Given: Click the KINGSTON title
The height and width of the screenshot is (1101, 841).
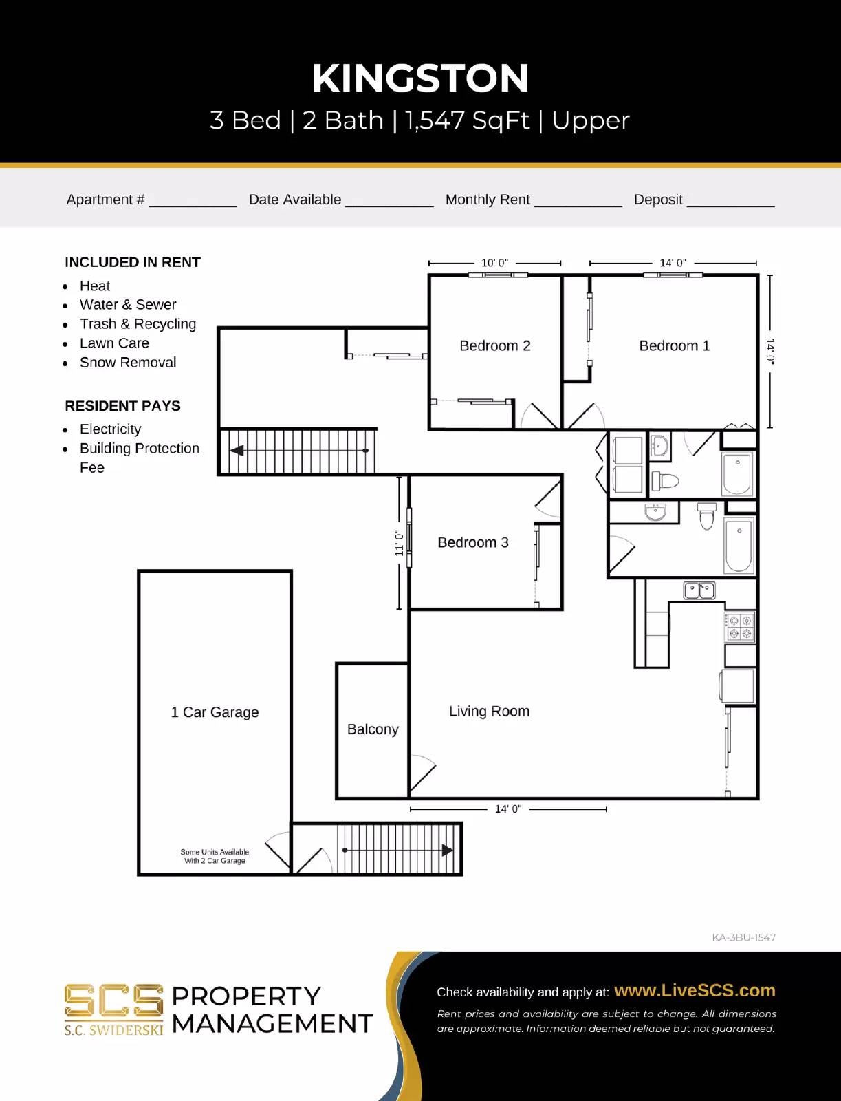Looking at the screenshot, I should pyautogui.click(x=420, y=78).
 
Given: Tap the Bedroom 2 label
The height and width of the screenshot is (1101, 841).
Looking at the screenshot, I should pyautogui.click(x=494, y=345).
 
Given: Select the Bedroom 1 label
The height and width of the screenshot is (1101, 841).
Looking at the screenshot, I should pyautogui.click(x=674, y=345).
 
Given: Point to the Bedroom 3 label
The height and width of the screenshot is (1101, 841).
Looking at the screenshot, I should pyautogui.click(x=473, y=542).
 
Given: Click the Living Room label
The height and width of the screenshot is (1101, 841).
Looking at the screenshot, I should pyautogui.click(x=489, y=711).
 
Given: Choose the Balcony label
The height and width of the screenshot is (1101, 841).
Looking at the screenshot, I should pyautogui.click(x=373, y=729).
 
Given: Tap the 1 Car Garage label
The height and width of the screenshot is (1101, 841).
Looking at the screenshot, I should pyautogui.click(x=215, y=712).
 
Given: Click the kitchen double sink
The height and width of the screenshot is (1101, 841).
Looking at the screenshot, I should pyautogui.click(x=699, y=590).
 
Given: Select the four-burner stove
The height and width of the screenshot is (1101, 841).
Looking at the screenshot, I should pyautogui.click(x=740, y=627).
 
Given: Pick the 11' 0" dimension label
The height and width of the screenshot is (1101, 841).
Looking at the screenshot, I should pyautogui.click(x=399, y=543).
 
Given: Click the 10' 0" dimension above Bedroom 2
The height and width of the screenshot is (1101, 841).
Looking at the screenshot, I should pyautogui.click(x=494, y=263).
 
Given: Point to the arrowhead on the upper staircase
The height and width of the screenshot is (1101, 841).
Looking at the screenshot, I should pyautogui.click(x=237, y=451).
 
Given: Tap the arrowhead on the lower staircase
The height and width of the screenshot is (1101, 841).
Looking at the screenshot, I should pyautogui.click(x=447, y=850).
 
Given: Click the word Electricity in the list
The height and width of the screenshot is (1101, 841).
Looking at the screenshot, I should pyautogui.click(x=110, y=429).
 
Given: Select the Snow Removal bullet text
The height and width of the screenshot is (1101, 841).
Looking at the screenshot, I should pyautogui.click(x=128, y=363).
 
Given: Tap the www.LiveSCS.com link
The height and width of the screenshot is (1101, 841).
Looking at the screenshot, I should pyautogui.click(x=695, y=990).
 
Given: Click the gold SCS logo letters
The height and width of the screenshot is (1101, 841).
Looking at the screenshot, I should pyautogui.click(x=113, y=1001).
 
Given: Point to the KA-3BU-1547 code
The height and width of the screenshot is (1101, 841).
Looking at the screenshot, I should pyautogui.click(x=743, y=937).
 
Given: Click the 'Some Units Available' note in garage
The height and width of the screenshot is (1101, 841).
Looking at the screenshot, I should pyautogui.click(x=215, y=856).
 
